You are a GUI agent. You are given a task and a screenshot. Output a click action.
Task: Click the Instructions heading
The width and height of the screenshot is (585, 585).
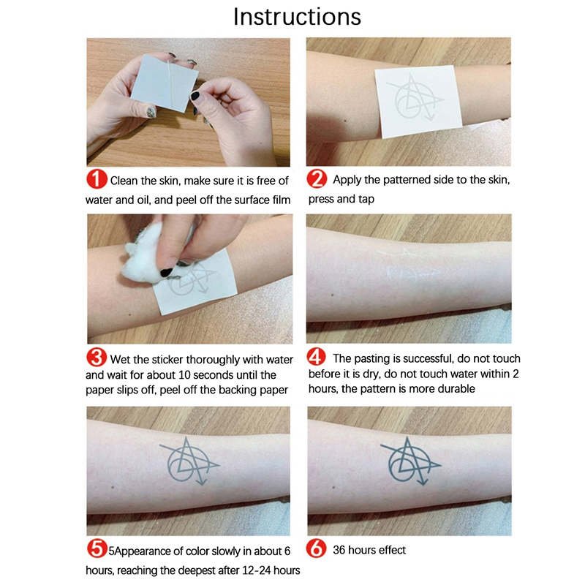297,17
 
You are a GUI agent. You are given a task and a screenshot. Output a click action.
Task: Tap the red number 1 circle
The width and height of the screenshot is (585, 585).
97,179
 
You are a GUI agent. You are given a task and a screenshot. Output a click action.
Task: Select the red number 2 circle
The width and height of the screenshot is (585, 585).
317,178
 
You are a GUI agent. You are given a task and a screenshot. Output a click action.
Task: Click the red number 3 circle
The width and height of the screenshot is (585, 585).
97,358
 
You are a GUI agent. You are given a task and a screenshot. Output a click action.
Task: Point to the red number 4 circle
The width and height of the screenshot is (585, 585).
317,357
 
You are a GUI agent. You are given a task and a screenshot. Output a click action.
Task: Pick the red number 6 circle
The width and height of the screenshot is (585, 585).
317,549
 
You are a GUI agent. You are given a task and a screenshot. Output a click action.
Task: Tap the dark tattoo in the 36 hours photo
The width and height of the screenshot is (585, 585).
410,461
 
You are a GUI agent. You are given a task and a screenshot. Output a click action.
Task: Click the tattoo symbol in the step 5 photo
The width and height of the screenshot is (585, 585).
189,461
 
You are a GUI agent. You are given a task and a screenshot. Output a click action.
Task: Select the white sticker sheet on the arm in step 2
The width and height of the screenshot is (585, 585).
418,102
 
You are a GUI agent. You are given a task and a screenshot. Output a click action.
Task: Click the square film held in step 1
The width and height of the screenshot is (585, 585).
164,83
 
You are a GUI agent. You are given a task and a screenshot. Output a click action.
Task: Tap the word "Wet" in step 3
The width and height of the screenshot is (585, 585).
120,360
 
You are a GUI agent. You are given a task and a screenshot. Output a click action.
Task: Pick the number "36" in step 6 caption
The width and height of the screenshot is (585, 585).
339,550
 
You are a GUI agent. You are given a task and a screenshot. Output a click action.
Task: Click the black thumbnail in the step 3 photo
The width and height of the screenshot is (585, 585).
167,272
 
